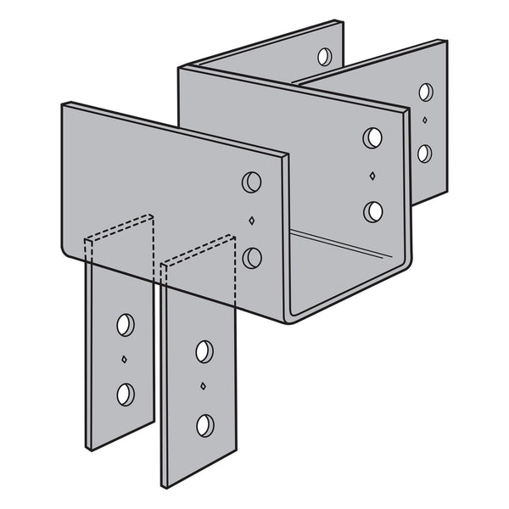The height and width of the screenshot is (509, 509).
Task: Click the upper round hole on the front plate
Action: point(251,182)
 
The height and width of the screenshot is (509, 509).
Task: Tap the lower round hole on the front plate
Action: point(252,258)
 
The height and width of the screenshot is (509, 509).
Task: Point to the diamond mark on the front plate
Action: point(251,221)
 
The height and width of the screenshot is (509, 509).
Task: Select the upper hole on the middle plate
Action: point(372,138)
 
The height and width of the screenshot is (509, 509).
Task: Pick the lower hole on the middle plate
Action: point(372,211)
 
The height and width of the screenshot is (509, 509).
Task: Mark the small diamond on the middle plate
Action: point(372,176)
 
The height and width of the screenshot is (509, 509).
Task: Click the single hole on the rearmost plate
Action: point(325,57)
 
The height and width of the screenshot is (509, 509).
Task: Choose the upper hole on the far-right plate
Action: point(425,92)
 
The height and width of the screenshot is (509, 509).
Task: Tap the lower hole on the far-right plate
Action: point(424,154)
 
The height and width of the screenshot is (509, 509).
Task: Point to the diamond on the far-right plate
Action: point(424,123)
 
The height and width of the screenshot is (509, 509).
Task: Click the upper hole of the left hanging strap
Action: point(126,324)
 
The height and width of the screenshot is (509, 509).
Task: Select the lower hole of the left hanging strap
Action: point(126,394)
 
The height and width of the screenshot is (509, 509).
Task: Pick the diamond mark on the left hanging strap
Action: point(125,359)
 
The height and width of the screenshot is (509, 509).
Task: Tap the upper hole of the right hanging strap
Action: point(204,351)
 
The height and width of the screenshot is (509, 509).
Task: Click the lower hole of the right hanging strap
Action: point(204,424)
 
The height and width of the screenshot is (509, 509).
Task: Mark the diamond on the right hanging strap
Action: point(204,387)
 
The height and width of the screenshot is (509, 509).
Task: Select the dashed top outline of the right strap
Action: point(198,252)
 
